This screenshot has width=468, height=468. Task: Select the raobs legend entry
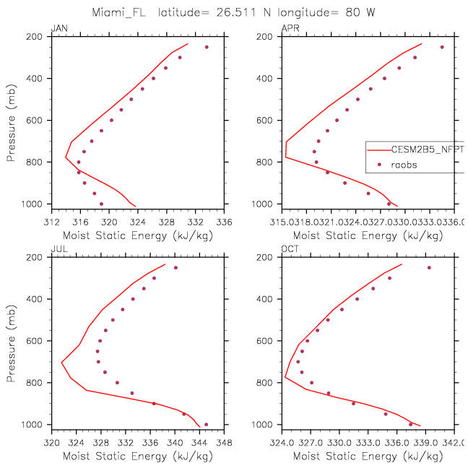404,165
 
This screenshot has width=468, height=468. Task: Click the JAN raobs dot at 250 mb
207,47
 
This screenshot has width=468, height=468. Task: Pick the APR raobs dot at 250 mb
442,47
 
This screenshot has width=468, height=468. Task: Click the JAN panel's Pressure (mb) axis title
12,120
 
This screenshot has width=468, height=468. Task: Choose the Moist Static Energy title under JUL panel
137,456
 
